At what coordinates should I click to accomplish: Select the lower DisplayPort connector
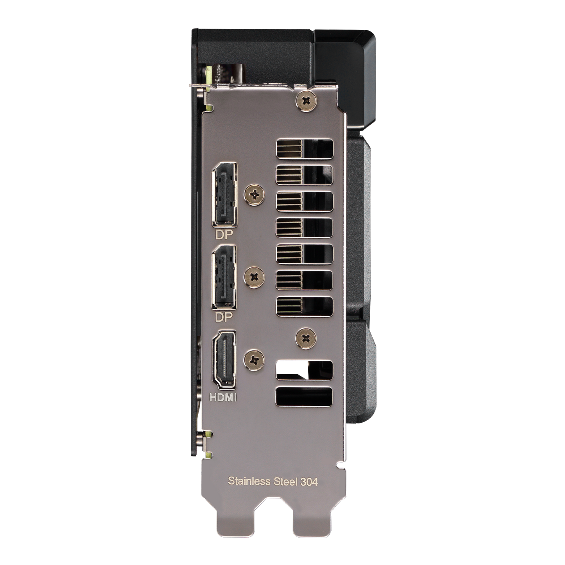tap(224, 277)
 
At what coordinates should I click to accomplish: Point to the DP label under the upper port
tap(224, 234)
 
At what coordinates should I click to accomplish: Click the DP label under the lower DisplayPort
tap(224, 317)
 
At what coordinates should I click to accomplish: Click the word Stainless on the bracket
tap(249, 481)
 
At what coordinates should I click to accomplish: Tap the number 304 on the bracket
tap(309, 481)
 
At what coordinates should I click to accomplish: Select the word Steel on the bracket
tap(285, 481)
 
